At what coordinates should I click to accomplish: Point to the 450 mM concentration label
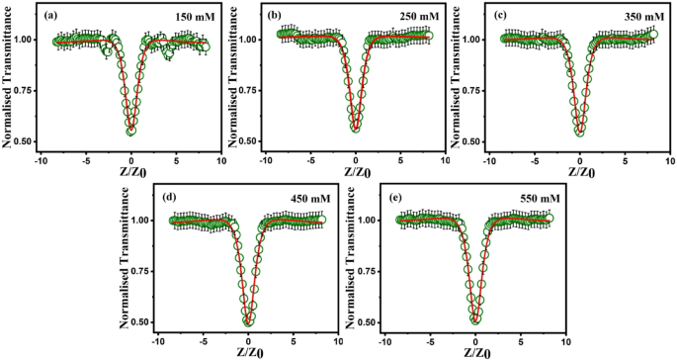307,198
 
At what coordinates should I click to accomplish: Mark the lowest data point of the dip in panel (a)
131,131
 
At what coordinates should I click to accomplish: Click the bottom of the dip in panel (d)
249,320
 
